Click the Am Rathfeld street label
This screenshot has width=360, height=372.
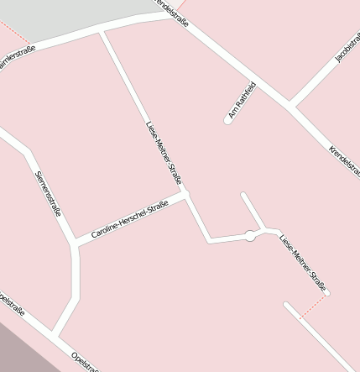(x=241, y=98)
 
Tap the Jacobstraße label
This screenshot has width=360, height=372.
(x=347, y=48)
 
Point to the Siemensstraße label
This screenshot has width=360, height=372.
(x=48, y=192)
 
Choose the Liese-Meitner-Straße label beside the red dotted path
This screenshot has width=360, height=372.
(x=302, y=259)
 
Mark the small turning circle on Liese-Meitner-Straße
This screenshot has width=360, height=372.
(x=249, y=236)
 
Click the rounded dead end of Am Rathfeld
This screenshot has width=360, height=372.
(x=227, y=120)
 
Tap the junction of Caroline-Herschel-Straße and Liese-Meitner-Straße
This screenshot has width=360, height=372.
(x=185, y=195)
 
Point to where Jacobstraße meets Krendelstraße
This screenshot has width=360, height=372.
(x=290, y=107)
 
